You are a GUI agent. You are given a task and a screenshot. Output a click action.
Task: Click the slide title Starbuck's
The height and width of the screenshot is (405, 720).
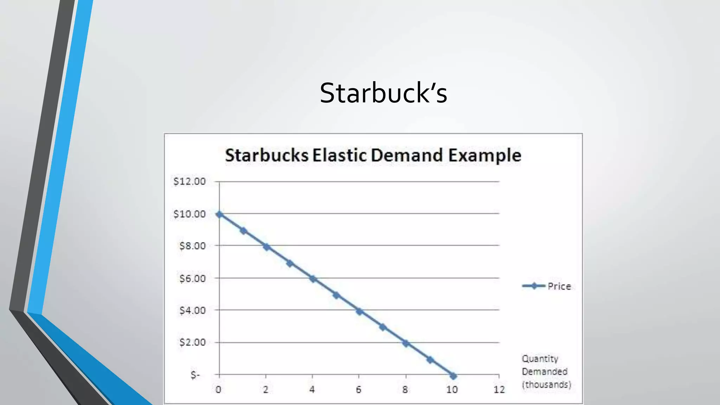pyautogui.click(x=383, y=93)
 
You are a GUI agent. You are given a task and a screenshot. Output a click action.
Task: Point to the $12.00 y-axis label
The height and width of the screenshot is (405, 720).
pyautogui.click(x=189, y=181)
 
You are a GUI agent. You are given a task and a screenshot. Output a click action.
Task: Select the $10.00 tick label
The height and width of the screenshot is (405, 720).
pyautogui.click(x=189, y=214)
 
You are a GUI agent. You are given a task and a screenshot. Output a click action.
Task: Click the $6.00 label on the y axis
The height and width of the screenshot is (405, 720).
pyautogui.click(x=192, y=278)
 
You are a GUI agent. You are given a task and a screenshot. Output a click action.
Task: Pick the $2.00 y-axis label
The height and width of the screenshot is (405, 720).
pyautogui.click(x=192, y=342)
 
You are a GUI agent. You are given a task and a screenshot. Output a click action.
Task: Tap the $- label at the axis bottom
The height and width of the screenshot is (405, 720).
pyautogui.click(x=195, y=375)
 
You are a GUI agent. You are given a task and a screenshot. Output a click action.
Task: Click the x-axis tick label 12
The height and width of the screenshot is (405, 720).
pyautogui.click(x=499, y=390)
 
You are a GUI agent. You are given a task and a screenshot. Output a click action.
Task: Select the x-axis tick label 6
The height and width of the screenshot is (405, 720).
pyautogui.click(x=359, y=390)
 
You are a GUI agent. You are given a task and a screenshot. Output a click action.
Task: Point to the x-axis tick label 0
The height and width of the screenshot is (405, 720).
pyautogui.click(x=219, y=390)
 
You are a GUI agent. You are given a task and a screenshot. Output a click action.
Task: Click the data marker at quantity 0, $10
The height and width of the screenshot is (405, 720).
pyautogui.click(x=219, y=214)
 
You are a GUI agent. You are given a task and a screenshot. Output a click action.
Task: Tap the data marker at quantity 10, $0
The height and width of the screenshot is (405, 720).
pyautogui.click(x=453, y=376)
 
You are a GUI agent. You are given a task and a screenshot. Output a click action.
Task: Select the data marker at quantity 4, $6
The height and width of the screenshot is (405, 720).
pyautogui.click(x=313, y=279)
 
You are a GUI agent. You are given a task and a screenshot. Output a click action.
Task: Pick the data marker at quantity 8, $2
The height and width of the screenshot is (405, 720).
pyautogui.click(x=406, y=343)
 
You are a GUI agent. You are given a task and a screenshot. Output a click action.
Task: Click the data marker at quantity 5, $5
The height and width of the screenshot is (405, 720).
pyautogui.click(x=336, y=295)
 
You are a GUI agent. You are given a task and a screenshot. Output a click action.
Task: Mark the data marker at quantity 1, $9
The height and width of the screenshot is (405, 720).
pyautogui.click(x=243, y=231)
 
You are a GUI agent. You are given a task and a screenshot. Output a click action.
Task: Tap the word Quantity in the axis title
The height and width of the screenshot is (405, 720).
pyautogui.click(x=540, y=359)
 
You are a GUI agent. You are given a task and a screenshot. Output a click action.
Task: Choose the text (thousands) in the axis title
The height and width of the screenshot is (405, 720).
pyautogui.click(x=546, y=384)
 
